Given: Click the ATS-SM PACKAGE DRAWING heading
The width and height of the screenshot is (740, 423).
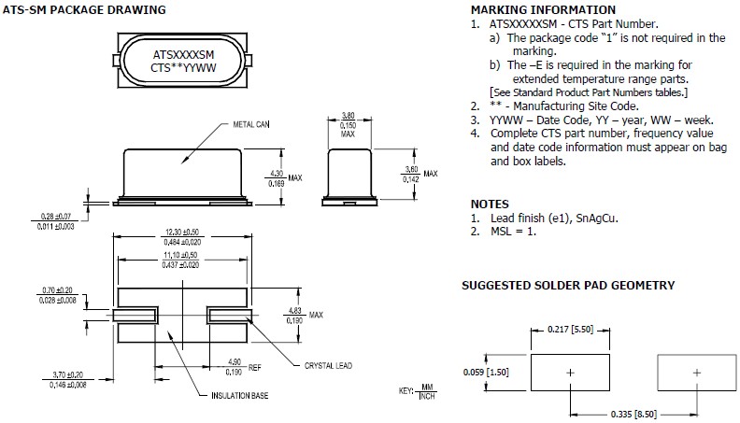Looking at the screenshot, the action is (84, 10).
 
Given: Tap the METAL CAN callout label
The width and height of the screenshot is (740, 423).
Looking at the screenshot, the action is (251, 124).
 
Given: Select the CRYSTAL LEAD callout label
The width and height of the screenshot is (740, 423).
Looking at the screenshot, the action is (328, 365).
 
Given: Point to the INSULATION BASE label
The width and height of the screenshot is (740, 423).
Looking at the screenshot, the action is (240, 396).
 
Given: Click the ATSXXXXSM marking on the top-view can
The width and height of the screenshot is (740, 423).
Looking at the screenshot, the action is (183, 55).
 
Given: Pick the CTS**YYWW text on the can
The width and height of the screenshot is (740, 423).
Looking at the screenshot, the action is (183, 68).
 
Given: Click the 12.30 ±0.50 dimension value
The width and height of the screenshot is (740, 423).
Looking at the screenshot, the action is (181, 232).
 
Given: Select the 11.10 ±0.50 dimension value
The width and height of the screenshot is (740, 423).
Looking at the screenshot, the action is (180, 255).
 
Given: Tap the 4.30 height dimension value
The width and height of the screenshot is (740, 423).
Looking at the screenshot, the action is (277, 174).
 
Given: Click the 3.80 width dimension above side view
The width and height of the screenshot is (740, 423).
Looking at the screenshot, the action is (348, 116).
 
